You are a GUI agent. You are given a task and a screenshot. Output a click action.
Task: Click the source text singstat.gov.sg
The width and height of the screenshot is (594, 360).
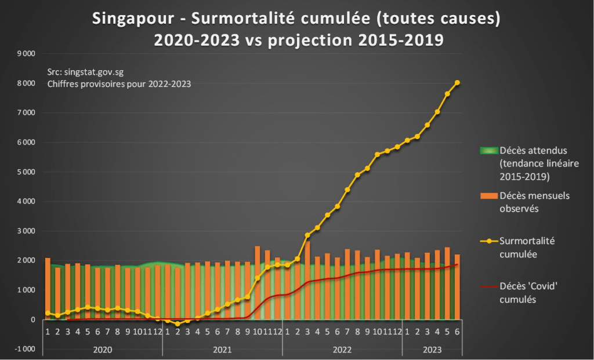pos(85,72)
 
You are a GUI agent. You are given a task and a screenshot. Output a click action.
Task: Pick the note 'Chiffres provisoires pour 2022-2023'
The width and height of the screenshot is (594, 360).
pos(119,83)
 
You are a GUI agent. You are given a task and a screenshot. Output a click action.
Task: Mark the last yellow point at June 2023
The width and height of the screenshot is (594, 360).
pos(457,83)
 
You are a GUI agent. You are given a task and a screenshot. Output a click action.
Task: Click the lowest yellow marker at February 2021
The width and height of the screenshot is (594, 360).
pos(178,324)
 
